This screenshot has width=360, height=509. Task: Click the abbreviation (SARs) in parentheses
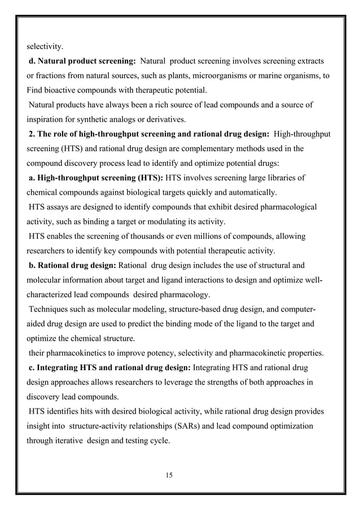(180, 427)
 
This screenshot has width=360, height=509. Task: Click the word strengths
(238, 383)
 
